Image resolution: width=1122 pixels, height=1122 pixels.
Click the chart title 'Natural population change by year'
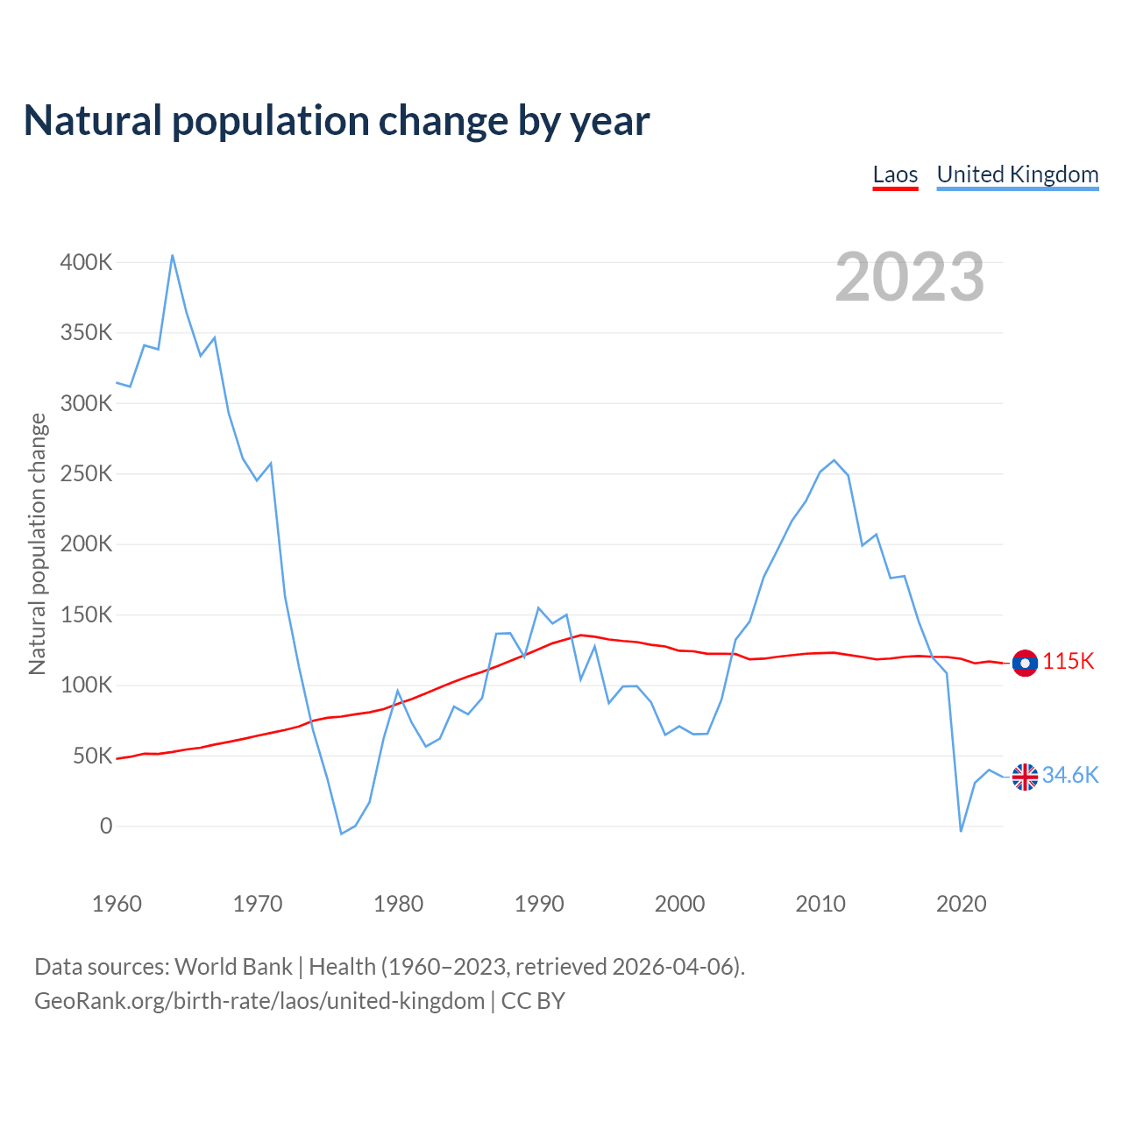(x=337, y=121)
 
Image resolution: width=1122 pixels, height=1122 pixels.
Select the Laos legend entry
(x=895, y=174)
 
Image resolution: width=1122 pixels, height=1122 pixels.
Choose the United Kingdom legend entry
(x=1017, y=174)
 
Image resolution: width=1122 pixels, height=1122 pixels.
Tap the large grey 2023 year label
(x=909, y=277)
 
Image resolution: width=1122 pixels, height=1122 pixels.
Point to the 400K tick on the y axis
(x=86, y=262)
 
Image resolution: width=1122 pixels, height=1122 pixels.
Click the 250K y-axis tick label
(x=86, y=474)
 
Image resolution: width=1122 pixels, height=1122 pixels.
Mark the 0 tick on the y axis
(x=106, y=826)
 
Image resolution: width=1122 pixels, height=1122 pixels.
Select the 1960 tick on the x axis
(x=117, y=904)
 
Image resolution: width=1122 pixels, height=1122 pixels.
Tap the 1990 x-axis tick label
(x=539, y=904)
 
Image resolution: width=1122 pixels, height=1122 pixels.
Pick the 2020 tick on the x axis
(x=961, y=904)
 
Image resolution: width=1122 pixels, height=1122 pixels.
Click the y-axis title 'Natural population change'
(x=37, y=544)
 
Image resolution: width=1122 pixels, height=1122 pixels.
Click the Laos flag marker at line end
(x=1025, y=663)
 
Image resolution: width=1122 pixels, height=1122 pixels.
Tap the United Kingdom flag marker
(x=1025, y=777)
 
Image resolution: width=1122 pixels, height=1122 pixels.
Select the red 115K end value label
(x=1069, y=662)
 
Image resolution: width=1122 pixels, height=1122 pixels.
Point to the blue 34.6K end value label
(x=1070, y=776)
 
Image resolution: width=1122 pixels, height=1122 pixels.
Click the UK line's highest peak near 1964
(x=172, y=255)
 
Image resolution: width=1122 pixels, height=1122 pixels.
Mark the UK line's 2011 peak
(x=834, y=460)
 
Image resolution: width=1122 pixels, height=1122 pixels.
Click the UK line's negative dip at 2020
(x=961, y=831)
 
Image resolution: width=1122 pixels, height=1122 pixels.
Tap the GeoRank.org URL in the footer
(x=259, y=1001)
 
